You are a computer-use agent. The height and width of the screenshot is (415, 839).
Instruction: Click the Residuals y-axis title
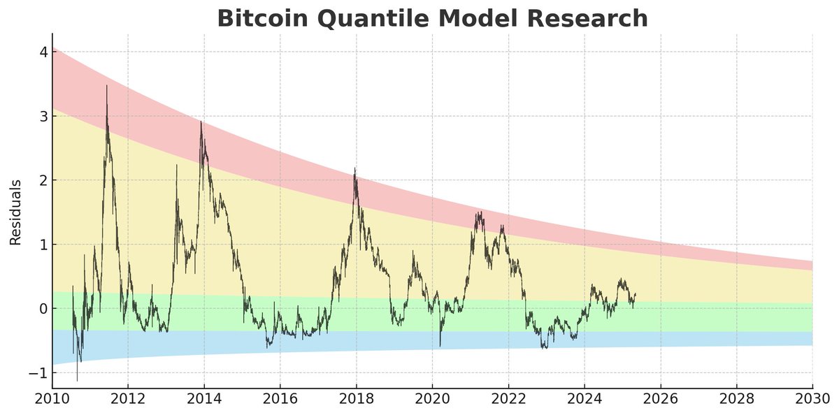click(x=15, y=212)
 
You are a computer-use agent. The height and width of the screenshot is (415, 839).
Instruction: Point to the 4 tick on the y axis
click(x=43, y=52)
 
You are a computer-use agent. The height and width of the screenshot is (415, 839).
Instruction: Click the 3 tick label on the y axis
click(x=43, y=117)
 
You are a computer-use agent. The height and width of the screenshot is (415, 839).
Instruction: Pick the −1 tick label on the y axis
click(x=39, y=373)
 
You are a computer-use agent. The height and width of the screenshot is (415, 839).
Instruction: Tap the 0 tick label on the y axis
click(x=43, y=309)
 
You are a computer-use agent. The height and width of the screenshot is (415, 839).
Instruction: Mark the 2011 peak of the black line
click(x=106, y=86)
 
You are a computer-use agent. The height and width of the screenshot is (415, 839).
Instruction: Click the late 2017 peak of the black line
click(x=354, y=168)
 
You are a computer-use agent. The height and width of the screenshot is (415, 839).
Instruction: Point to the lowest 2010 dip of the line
click(x=77, y=381)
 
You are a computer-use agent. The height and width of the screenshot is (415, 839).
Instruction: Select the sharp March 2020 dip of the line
click(x=440, y=346)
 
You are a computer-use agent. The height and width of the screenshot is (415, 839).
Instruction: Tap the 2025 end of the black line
click(x=636, y=294)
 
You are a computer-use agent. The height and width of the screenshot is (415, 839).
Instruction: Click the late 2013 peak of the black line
click(x=201, y=122)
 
